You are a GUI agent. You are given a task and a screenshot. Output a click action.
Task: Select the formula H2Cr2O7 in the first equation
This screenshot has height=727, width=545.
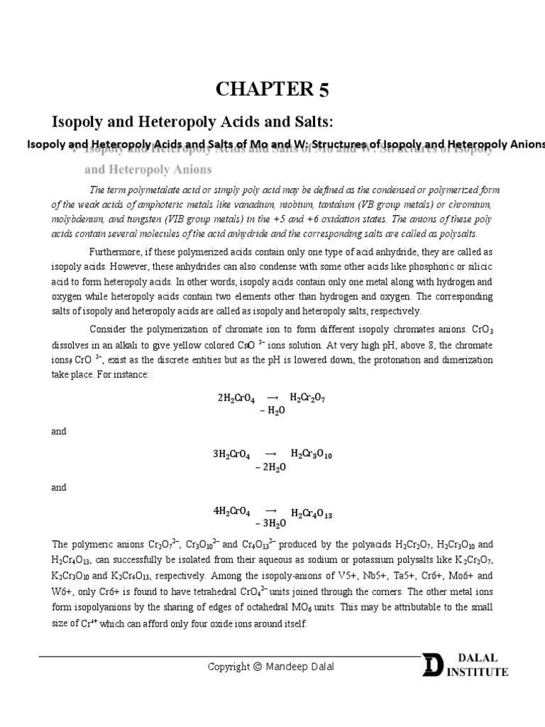(307, 397)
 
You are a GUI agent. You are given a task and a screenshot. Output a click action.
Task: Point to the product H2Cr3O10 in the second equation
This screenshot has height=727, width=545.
(311, 454)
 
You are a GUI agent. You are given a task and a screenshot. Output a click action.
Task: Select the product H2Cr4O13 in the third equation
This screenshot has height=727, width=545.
(312, 513)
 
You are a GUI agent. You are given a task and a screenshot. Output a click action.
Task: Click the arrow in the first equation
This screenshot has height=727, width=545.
(272, 397)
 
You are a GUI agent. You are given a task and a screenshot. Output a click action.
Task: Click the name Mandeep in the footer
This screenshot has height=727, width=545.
(287, 666)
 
